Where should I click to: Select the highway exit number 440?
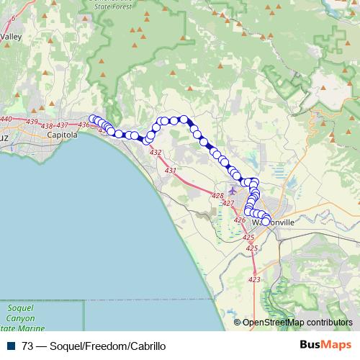point(6,119)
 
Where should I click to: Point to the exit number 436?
point(84,125)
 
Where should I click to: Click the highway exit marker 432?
point(156,153)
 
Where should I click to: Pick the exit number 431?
point(171,171)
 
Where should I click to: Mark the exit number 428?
point(217,196)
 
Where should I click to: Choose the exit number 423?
point(254,279)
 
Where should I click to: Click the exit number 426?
point(240,220)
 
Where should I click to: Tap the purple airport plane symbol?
point(232,192)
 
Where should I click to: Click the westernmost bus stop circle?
point(92,120)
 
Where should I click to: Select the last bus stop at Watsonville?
point(266,222)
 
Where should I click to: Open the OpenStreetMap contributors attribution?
point(297,322)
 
